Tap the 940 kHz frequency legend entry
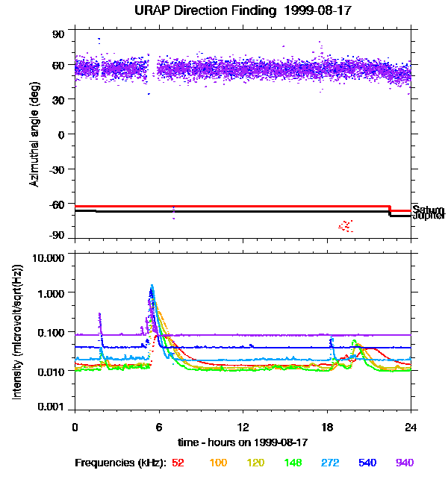click(x=405, y=463)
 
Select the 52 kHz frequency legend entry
click(x=178, y=463)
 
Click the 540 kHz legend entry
click(x=367, y=463)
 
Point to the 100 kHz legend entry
click(x=218, y=463)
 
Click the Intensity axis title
click(x=18, y=333)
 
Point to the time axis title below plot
click(x=243, y=442)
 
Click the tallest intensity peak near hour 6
click(x=152, y=287)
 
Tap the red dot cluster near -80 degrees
click(x=346, y=225)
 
